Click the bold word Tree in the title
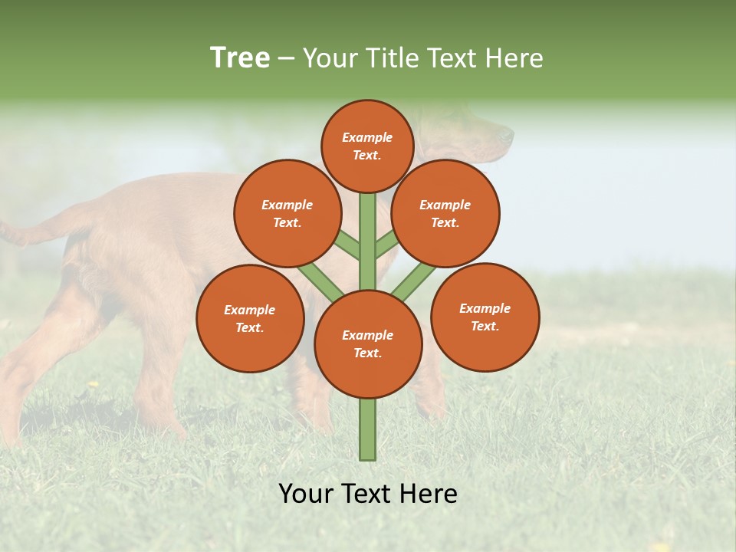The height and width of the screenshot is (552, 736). click(x=240, y=58)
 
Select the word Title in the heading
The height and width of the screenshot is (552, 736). click(x=387, y=58)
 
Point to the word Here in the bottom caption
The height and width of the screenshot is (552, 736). click(x=428, y=494)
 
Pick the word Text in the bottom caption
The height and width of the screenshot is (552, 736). click(x=366, y=494)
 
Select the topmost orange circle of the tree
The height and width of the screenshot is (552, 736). click(x=367, y=146)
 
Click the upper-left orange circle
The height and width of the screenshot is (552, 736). click(x=287, y=213)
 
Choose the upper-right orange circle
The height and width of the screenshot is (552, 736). click(x=445, y=213)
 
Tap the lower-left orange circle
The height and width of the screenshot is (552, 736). click(x=250, y=318)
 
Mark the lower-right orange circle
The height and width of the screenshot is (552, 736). click(x=485, y=317)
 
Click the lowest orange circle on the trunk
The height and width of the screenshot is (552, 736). click(x=368, y=344)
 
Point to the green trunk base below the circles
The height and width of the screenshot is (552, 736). click(x=368, y=429)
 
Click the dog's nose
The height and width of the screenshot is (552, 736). click(x=508, y=136)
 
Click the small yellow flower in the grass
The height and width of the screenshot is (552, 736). click(x=93, y=383)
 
